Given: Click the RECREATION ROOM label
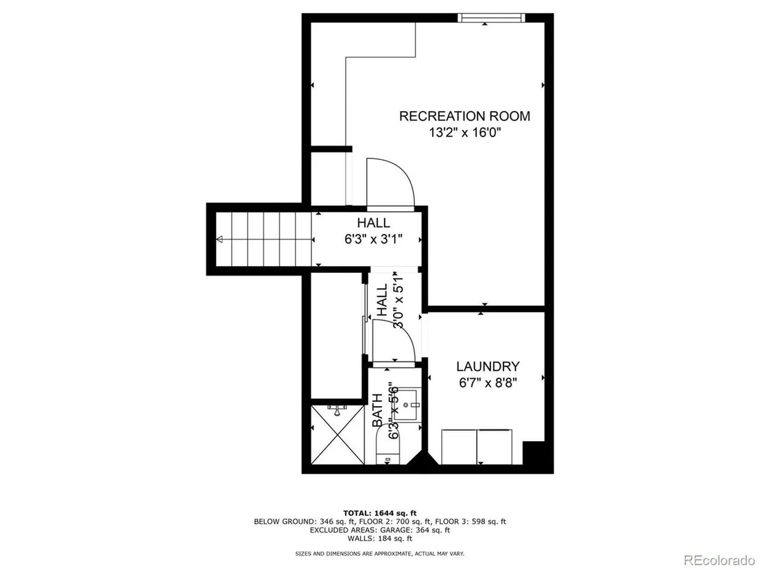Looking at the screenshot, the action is point(464,117).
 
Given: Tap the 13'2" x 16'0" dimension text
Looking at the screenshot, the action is point(464,132).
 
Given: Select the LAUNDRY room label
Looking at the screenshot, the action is point(488,366).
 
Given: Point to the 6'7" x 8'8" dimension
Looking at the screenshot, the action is point(488,383).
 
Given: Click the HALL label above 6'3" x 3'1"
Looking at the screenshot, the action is point(374,223).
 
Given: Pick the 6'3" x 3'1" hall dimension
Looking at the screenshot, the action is point(374,239).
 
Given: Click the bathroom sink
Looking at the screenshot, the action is point(405,405).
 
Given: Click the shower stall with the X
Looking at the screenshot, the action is point(337,434).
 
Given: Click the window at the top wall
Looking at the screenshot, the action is point(492,18).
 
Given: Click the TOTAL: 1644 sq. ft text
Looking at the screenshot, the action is point(380,513).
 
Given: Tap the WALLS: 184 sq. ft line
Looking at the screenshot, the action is point(380,538).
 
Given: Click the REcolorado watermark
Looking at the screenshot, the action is point(720,560).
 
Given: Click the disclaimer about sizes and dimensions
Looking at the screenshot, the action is point(380,554).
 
